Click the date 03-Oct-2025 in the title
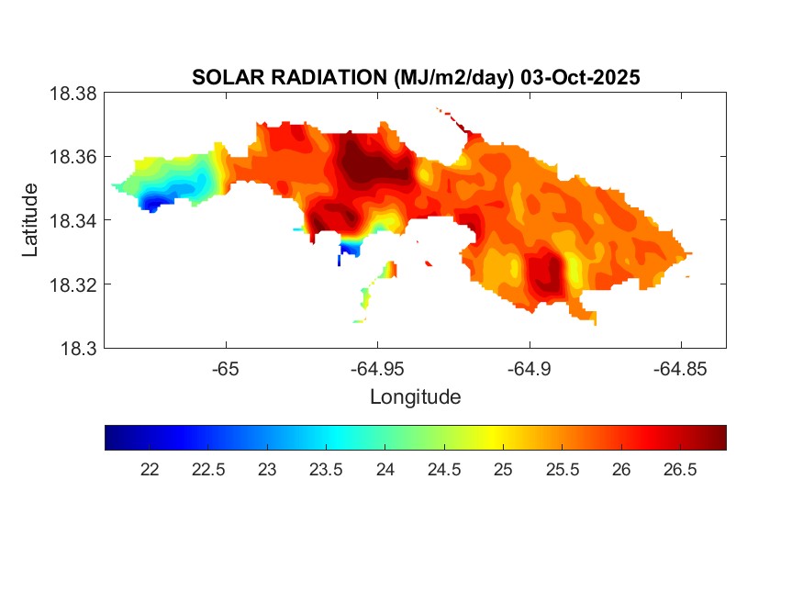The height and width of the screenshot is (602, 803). pyautogui.click(x=579, y=78)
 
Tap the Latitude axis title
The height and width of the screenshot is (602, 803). pyautogui.click(x=31, y=220)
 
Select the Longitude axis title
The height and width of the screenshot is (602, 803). pyautogui.click(x=415, y=397)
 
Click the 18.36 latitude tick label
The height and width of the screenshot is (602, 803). pyautogui.click(x=72, y=157)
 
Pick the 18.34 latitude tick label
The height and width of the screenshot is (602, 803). pyautogui.click(x=72, y=220)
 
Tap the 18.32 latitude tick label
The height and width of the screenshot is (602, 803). pyautogui.click(x=72, y=284)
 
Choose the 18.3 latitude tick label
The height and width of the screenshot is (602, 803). pyautogui.click(x=77, y=348)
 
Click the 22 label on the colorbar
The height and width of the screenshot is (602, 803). pyautogui.click(x=149, y=470)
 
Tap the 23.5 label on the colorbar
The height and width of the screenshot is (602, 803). pyautogui.click(x=326, y=470)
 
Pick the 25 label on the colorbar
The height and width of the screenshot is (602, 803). pyautogui.click(x=503, y=470)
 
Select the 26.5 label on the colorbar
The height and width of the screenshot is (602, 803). pyautogui.click(x=680, y=470)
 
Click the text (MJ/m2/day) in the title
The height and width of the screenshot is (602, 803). pyautogui.click(x=453, y=78)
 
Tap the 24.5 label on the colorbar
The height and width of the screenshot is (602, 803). pyautogui.click(x=444, y=470)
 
